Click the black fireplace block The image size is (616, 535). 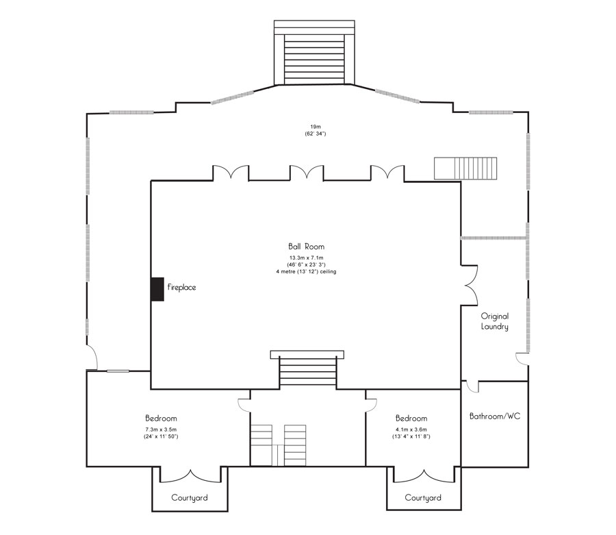point(157,288)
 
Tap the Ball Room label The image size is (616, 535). point(306,246)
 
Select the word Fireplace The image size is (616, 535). point(181,288)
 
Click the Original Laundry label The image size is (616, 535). point(494,321)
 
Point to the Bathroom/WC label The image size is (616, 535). point(494,416)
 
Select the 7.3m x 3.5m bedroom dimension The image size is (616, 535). point(161,433)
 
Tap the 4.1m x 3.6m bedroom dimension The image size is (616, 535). point(411,433)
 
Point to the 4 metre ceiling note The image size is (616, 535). point(306,271)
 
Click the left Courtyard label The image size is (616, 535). point(189,497)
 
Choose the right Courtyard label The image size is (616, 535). point(423,497)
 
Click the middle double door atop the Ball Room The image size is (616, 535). point(306,173)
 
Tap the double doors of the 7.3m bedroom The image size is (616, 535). point(190,474)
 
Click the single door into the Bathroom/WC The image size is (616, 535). point(472,386)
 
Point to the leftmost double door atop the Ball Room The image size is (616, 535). point(230,173)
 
